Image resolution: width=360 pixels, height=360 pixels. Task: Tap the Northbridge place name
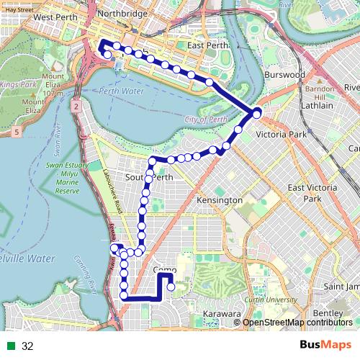122,13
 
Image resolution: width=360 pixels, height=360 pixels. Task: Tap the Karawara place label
220,315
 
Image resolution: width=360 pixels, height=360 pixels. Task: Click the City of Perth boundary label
206,120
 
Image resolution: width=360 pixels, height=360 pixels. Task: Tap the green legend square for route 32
10,346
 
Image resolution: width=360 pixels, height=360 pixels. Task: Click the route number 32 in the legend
28,346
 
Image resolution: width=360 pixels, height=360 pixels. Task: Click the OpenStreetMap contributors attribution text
298,323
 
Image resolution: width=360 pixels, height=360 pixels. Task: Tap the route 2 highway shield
74,106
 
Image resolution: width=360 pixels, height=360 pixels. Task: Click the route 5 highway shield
17,132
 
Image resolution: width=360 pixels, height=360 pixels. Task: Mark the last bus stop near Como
171,287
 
